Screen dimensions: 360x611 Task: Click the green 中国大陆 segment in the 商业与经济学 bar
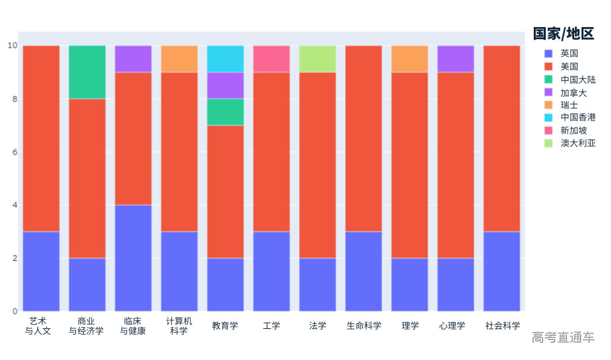(87, 72)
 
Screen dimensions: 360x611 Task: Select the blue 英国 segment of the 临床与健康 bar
(133, 257)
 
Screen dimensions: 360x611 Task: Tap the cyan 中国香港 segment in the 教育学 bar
(225, 59)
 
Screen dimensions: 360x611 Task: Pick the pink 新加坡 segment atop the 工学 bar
(271, 59)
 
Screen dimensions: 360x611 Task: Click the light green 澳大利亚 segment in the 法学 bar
(318, 59)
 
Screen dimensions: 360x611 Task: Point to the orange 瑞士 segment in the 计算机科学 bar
(179, 59)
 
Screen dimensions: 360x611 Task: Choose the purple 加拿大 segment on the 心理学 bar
(456, 59)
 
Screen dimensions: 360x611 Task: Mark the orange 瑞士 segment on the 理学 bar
(410, 59)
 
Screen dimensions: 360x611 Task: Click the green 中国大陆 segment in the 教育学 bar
(225, 112)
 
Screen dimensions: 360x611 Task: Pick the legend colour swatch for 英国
(549, 54)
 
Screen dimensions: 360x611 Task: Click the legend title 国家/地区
(563, 33)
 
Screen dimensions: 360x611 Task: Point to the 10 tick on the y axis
(12, 46)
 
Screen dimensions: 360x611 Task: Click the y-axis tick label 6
(14, 152)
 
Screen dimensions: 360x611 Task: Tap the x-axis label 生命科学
(364, 326)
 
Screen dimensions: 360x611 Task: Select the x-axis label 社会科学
(502, 326)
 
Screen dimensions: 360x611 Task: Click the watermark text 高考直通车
(563, 338)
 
